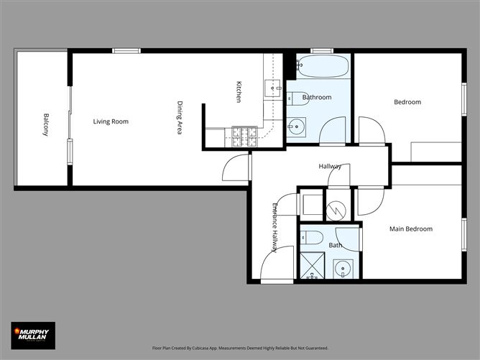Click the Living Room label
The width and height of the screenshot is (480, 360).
point(111,121)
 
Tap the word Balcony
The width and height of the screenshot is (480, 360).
point(45,125)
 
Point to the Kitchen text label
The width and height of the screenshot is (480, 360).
point(239,92)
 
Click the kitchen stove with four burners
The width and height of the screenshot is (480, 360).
point(244,132)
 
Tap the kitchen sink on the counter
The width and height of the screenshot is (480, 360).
point(273,88)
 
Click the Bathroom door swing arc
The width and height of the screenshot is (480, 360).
point(332,131)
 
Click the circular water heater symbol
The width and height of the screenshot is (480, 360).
point(336,208)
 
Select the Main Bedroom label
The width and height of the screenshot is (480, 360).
point(410,229)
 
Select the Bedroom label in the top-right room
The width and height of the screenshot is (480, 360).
point(407,102)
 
